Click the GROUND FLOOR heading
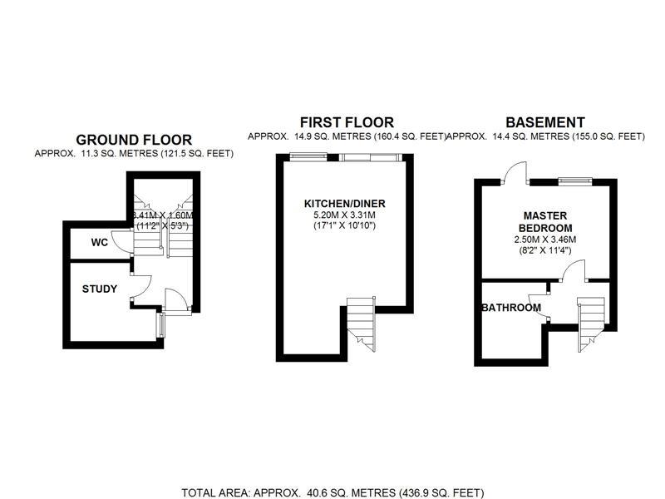pyautogui.click(x=134, y=140)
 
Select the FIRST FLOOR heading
pyautogui.click(x=346, y=122)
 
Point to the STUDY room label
pyautogui.click(x=99, y=289)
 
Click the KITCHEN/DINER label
pyautogui.click(x=345, y=204)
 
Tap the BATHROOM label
pyautogui.click(x=511, y=308)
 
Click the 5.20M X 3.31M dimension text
pyautogui.click(x=345, y=215)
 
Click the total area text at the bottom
pyautogui.click(x=332, y=492)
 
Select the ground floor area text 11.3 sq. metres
pyautogui.click(x=134, y=154)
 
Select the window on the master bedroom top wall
pyautogui.click(x=575, y=180)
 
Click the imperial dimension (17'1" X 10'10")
pyautogui.click(x=345, y=225)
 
